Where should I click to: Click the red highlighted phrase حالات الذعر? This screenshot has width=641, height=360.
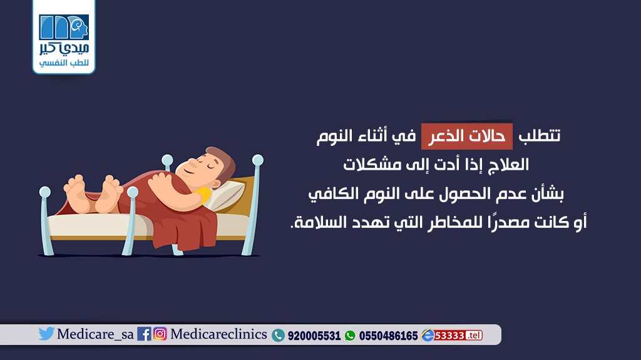pyautogui.click(x=466, y=136)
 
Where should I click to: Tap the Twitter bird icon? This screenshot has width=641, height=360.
pyautogui.click(x=46, y=334)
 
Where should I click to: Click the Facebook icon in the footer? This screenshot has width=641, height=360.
pyautogui.click(x=144, y=334)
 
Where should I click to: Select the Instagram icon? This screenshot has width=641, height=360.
pyautogui.click(x=160, y=334)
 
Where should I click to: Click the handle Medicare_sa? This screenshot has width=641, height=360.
pyautogui.click(x=95, y=334)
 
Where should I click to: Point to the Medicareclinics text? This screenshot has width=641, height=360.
pyautogui.click(x=218, y=334)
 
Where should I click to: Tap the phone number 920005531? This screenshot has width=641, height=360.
pyautogui.click(x=314, y=336)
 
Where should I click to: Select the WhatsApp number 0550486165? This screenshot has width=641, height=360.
pyautogui.click(x=388, y=336)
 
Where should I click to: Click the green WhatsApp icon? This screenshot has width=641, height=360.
pyautogui.click(x=350, y=336)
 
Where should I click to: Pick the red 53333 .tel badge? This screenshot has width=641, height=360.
pyautogui.click(x=458, y=336)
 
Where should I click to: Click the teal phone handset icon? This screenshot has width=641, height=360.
pyautogui.click(x=278, y=336)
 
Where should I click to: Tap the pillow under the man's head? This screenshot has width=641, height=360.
pyautogui.click(x=226, y=195)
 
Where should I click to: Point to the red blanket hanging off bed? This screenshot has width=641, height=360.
pyautogui.click(x=184, y=229)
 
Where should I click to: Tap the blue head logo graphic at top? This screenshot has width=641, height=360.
pyautogui.click(x=64, y=28)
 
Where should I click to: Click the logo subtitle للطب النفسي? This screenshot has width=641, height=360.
pyautogui.click(x=64, y=63)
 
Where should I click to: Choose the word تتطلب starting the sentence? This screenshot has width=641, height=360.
pyautogui.click(x=540, y=135)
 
